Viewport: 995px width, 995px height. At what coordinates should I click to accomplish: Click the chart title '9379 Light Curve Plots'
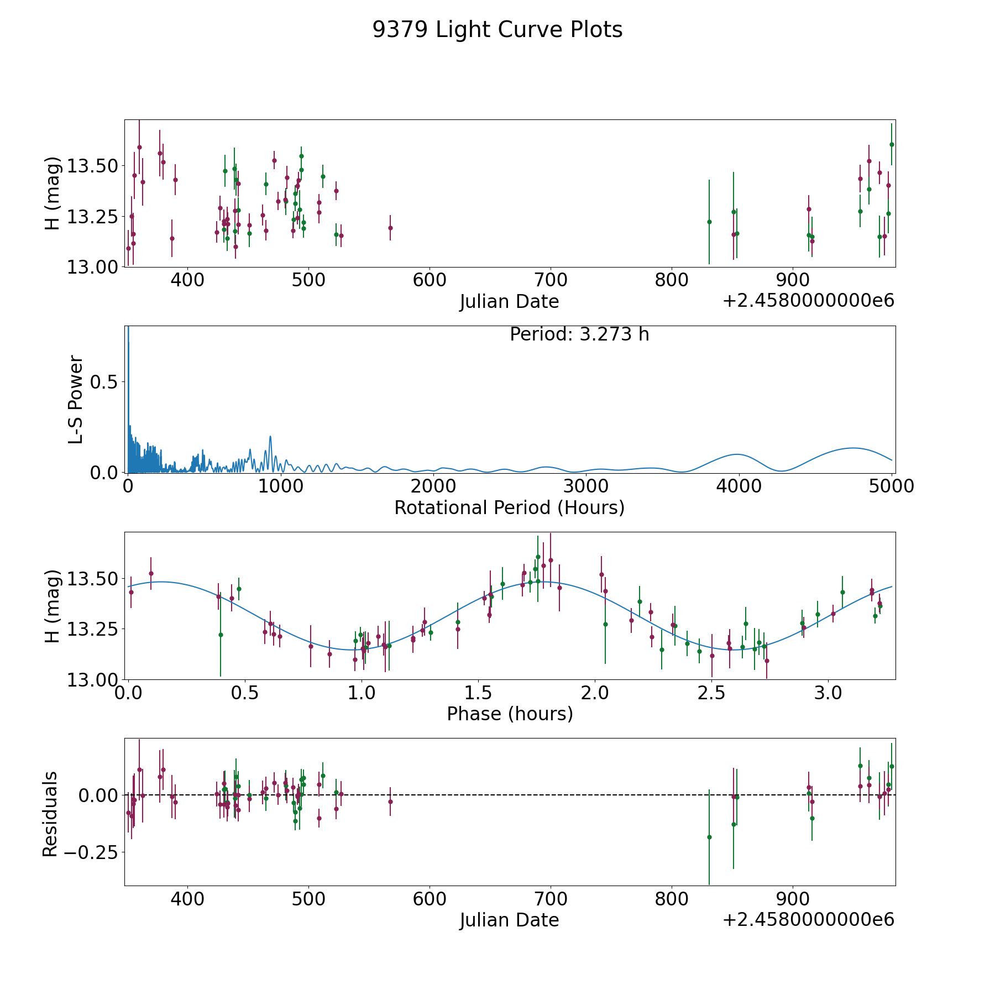[497, 30]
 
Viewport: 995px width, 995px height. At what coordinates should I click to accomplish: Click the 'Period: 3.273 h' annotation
[579, 334]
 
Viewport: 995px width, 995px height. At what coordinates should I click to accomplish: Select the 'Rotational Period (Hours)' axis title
[509, 507]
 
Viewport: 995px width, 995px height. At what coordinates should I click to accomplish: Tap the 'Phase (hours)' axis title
[510, 714]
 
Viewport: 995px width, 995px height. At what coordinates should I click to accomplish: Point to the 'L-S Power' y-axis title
[76, 399]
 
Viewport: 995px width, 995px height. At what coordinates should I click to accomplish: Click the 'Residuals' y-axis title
[50, 814]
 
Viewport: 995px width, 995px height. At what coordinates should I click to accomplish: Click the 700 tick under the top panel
[551, 280]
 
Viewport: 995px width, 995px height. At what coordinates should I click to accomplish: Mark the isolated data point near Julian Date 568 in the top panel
[390, 228]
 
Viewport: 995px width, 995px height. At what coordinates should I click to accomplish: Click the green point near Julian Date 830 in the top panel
[709, 222]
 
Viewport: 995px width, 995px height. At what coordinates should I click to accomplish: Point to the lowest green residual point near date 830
[709, 837]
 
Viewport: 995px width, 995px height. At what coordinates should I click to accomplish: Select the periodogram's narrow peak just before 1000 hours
[270, 437]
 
